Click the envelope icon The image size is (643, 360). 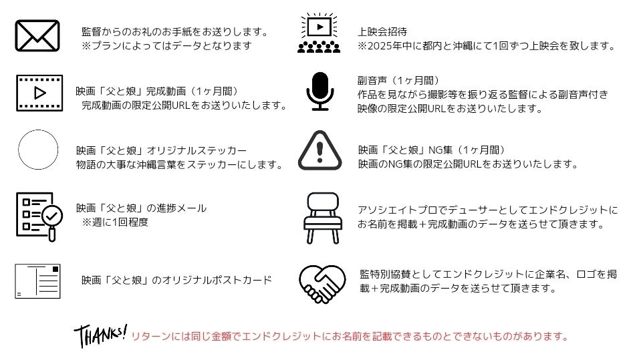pos(37,35)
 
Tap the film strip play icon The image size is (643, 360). pos(39,93)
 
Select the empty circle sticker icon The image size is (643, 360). pos(38,150)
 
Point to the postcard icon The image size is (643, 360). pos(38,281)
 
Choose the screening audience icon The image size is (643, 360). pos(319,33)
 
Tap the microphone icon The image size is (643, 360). pos(319,91)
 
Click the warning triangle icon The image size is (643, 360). pos(319,150)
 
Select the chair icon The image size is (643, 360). pos(322,218)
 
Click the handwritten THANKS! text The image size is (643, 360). pos(100,333)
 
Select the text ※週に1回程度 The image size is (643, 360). pos(115,222)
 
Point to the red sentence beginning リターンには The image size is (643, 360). pos(350,336)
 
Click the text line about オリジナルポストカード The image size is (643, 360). pos(176,281)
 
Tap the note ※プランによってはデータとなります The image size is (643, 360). pos(166,45)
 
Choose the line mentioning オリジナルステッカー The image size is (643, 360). pos(161,150)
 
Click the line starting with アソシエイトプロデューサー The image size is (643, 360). pos(488,210)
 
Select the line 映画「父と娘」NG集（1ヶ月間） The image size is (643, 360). pos(432,150)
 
